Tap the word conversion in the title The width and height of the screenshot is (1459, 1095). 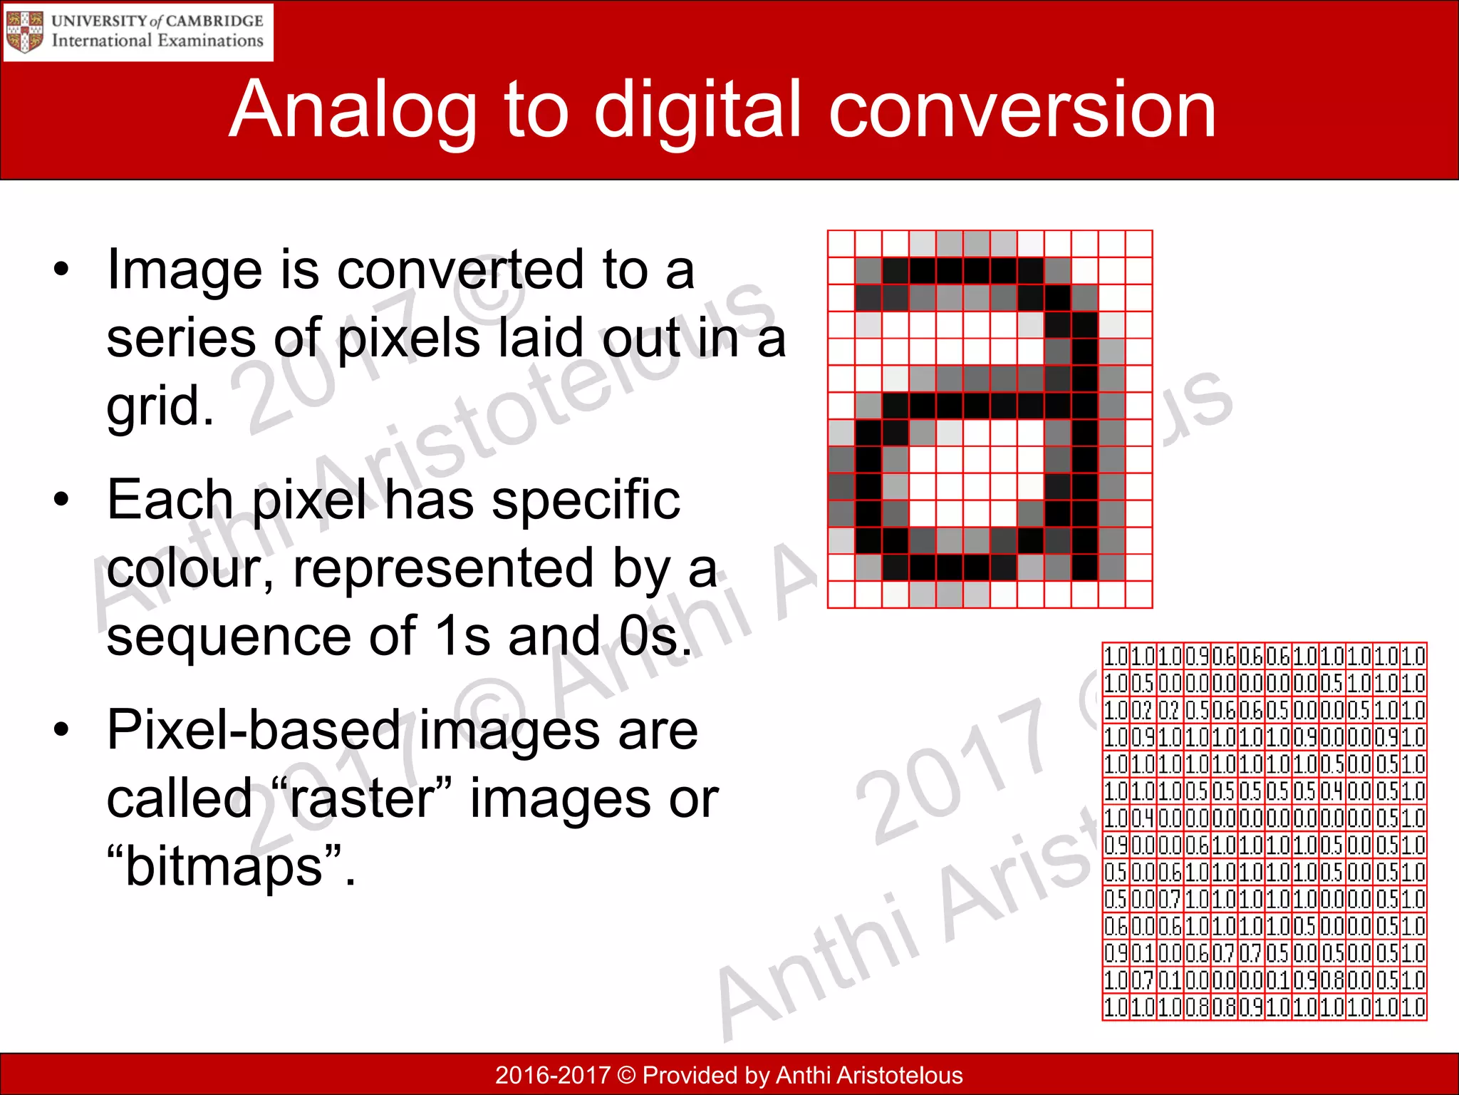[x=1022, y=110]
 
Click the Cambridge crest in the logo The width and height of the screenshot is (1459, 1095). [x=24, y=32]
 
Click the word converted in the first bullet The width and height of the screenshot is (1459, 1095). [x=460, y=271]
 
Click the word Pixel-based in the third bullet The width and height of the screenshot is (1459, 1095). [x=254, y=731]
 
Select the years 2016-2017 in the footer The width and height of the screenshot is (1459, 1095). [x=553, y=1075]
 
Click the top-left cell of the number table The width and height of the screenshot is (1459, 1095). [x=1116, y=656]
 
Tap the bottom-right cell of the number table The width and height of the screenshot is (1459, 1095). [x=1413, y=1007]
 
